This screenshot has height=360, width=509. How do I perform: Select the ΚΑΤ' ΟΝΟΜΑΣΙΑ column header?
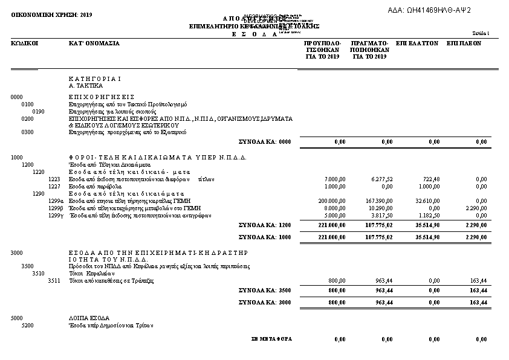94,43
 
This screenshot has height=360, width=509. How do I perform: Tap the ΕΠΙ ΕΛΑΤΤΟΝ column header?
417,43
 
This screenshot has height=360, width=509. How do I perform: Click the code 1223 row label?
54,179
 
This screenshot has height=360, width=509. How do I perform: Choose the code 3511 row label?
54,281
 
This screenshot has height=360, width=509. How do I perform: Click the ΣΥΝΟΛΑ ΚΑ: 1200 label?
265,225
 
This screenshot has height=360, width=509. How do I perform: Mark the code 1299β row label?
56,208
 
